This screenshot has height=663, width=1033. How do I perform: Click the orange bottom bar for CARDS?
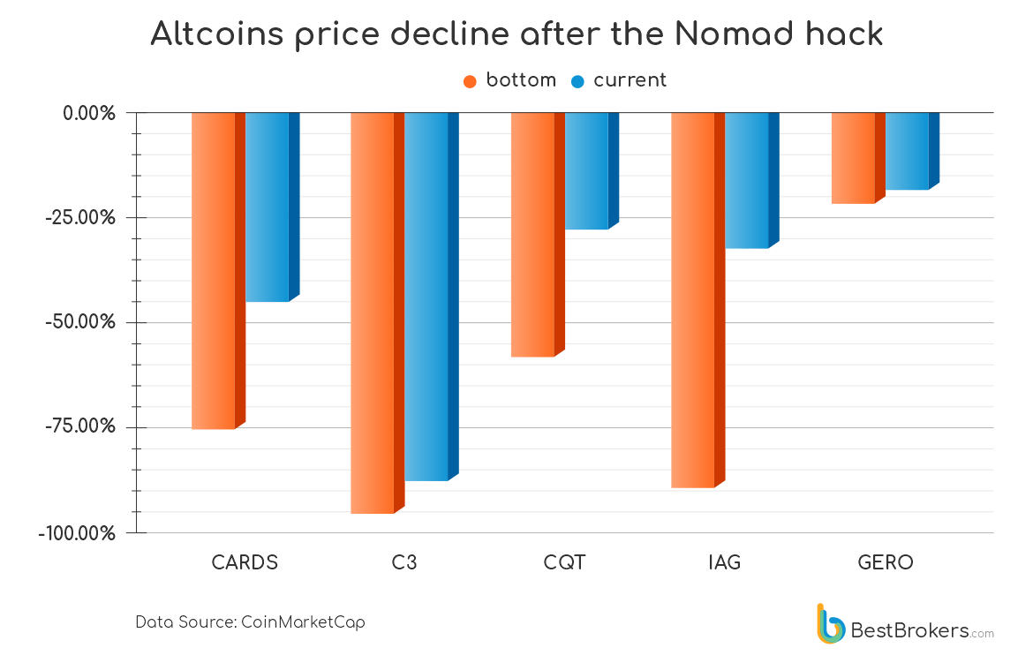(214, 270)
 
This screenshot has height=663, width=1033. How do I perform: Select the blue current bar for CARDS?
(268, 207)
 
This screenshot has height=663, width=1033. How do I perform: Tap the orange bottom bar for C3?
(373, 313)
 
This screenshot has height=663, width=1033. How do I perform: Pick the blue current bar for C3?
(426, 297)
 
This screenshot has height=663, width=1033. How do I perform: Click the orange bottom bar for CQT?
(532, 234)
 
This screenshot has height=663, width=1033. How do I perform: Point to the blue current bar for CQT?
(586, 170)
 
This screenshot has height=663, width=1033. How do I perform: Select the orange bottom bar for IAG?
(693, 299)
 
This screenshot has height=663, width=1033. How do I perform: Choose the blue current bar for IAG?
(747, 180)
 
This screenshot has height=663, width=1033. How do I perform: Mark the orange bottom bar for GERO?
(853, 158)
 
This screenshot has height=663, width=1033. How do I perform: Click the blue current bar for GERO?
(907, 151)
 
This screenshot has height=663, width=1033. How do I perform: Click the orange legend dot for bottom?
(470, 81)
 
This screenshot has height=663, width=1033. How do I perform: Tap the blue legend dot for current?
(577, 81)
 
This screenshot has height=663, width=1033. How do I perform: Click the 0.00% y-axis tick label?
(89, 113)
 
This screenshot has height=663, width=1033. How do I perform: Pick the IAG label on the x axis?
(724, 562)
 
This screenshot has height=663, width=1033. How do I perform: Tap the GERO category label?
(885, 562)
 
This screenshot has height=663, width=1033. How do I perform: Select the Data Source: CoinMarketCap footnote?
(250, 622)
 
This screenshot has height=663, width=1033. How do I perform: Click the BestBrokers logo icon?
(830, 623)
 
